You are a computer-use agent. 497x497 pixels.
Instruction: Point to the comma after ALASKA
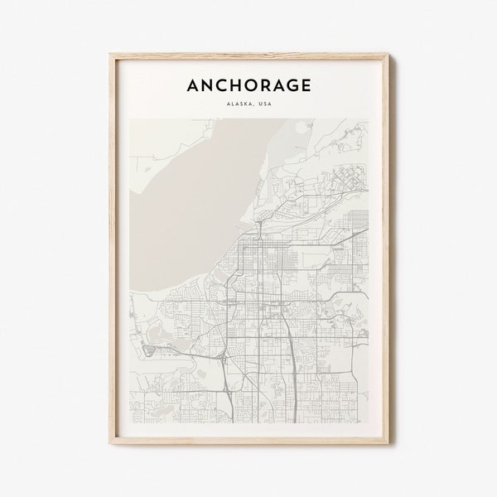[x=253, y=104]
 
